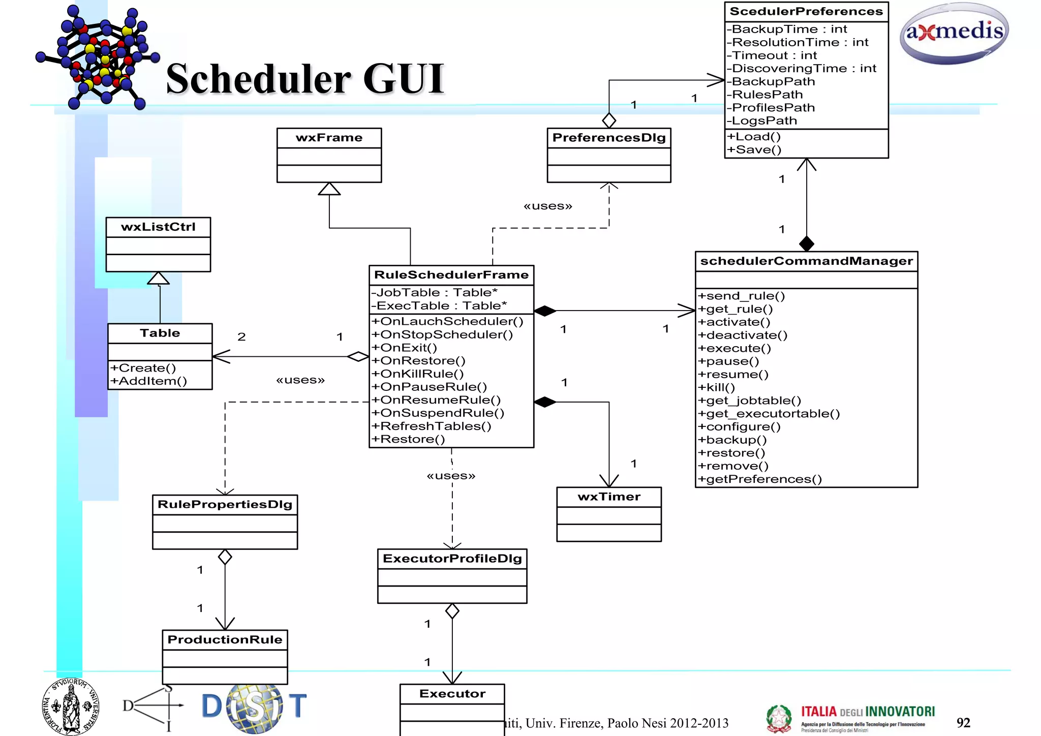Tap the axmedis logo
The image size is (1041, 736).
[x=954, y=33]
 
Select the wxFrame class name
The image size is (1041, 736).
[x=329, y=138]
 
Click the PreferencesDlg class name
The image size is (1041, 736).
[x=608, y=138]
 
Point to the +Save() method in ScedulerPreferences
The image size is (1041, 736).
[x=754, y=150]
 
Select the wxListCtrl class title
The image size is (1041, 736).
[x=158, y=227]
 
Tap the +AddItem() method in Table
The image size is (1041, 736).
[x=149, y=381]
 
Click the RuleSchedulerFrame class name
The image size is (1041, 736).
[x=451, y=275]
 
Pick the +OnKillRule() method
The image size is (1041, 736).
[x=417, y=374]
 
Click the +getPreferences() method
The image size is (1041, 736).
[x=759, y=479]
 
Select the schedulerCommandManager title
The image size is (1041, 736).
[x=806, y=261]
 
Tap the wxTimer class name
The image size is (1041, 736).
[x=608, y=497]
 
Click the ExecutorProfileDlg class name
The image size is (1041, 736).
[x=452, y=559]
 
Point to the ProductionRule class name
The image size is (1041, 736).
[x=225, y=639]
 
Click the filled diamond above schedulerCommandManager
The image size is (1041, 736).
[x=806, y=244]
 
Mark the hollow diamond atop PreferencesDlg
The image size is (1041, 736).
[x=608, y=120]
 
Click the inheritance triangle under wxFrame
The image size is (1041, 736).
[x=329, y=189]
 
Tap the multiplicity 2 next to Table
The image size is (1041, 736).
[x=241, y=336]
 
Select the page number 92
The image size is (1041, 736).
[x=963, y=723]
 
